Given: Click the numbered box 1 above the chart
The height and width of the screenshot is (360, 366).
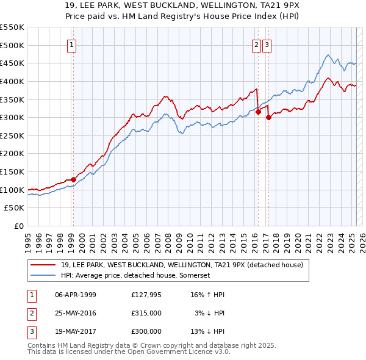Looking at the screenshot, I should pyautogui.click(x=72, y=44).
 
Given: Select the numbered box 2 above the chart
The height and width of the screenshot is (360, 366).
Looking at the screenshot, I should pyautogui.click(x=256, y=44).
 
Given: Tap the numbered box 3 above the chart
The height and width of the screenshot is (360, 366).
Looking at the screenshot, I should pyautogui.click(x=267, y=44).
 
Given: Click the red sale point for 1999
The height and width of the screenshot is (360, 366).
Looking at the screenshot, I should pyautogui.click(x=73, y=179).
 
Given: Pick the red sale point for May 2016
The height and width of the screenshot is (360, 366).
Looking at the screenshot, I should pyautogui.click(x=258, y=112).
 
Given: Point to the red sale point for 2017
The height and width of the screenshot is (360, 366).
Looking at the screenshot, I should pyautogui.click(x=268, y=117).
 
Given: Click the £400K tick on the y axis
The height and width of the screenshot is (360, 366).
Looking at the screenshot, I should pyautogui.click(x=12, y=81).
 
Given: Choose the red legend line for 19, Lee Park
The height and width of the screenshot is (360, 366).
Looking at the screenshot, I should pyautogui.click(x=43, y=265).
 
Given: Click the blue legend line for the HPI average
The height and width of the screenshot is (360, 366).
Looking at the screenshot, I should pyautogui.click(x=43, y=276).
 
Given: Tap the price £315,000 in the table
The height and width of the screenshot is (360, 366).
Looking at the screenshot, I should pyautogui.click(x=146, y=313).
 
